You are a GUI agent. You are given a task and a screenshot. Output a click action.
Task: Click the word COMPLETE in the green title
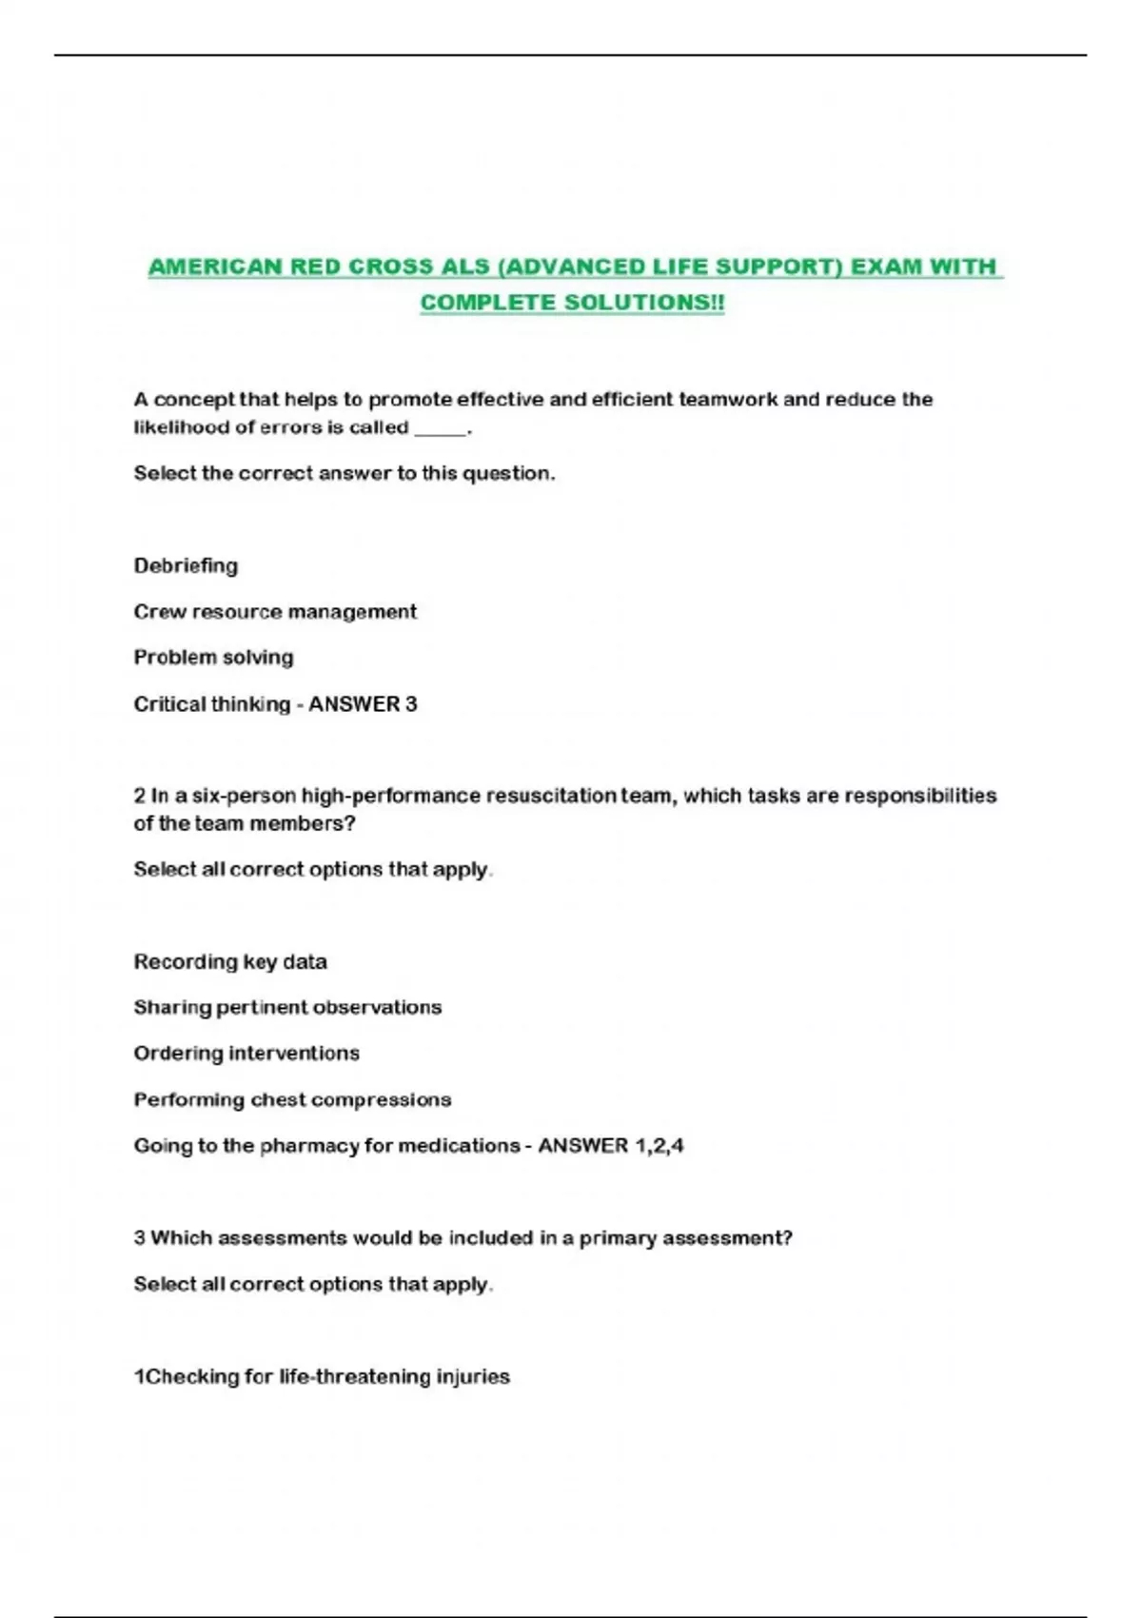pyautogui.click(x=488, y=303)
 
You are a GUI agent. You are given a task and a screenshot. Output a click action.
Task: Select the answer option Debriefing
pyautogui.click(x=186, y=565)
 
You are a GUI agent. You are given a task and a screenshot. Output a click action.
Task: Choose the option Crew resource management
pyautogui.click(x=275, y=611)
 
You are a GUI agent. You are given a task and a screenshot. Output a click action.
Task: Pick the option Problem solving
pyautogui.click(x=213, y=657)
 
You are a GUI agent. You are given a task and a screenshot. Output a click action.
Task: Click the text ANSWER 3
pyautogui.click(x=363, y=704)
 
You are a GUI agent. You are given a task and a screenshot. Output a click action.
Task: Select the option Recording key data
pyautogui.click(x=230, y=961)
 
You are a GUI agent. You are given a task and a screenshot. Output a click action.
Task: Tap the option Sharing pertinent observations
pyautogui.click(x=287, y=1007)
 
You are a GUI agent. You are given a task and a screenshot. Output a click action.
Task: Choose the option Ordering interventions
pyautogui.click(x=246, y=1053)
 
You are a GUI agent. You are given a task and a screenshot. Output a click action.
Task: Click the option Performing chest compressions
pyautogui.click(x=292, y=1099)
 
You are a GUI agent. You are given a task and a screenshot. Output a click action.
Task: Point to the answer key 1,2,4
pyautogui.click(x=659, y=1145)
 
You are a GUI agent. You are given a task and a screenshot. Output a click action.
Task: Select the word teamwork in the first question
pyautogui.click(x=728, y=400)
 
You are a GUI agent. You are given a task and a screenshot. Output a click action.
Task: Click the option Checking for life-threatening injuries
pyautogui.click(x=322, y=1376)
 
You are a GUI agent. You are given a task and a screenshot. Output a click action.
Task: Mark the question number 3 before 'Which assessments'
pyautogui.click(x=140, y=1237)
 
